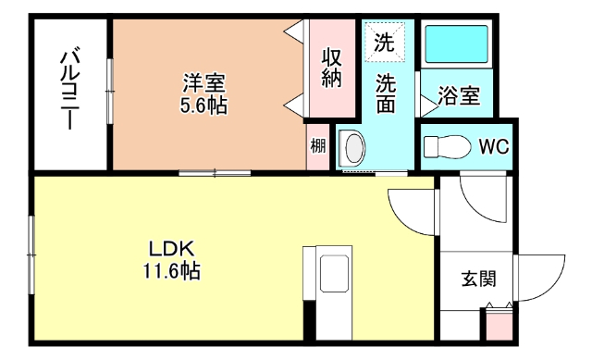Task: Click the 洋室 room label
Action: pyautogui.click(x=203, y=81)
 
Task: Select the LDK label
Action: pyautogui.click(x=170, y=249)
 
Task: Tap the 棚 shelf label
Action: pyautogui.click(x=318, y=145)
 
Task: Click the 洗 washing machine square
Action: pyautogui.click(x=383, y=41)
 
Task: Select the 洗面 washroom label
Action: pyautogui.click(x=386, y=93)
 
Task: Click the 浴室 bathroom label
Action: pyautogui.click(x=459, y=95)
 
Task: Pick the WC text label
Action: pyautogui.click(x=492, y=146)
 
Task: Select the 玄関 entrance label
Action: pyautogui.click(x=477, y=279)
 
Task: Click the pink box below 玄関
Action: pyautogui.click(x=498, y=326)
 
